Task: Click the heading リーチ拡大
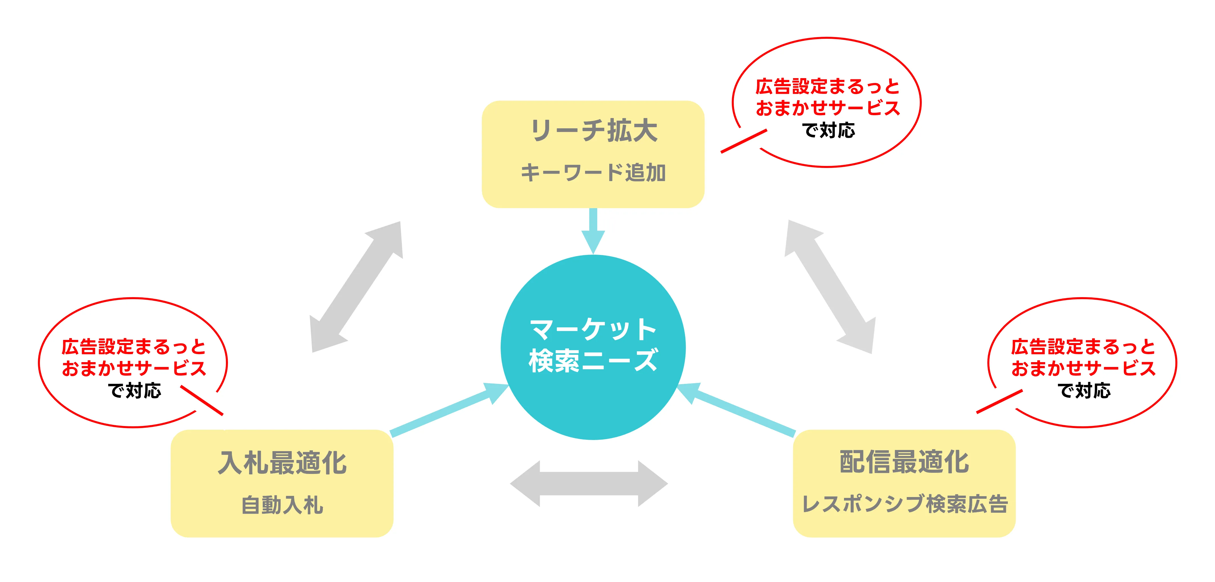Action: (x=593, y=131)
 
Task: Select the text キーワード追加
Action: (x=593, y=173)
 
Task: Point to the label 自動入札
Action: (x=282, y=505)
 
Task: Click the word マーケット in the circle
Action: (x=593, y=329)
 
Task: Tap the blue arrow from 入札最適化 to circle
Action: (x=448, y=410)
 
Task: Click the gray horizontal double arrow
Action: (x=589, y=483)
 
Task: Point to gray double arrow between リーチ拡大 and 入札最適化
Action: (x=356, y=287)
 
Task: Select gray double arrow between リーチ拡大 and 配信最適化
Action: (x=830, y=287)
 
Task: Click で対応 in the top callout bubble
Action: (x=828, y=130)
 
